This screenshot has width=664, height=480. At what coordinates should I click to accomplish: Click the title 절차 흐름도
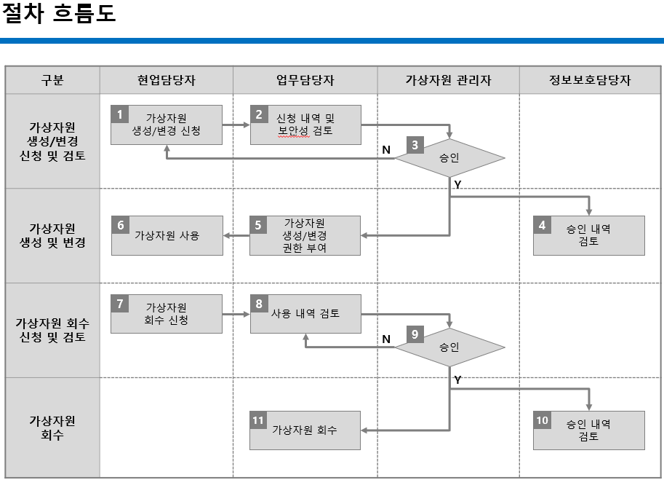(59, 14)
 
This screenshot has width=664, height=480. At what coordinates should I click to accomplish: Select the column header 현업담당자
(166, 81)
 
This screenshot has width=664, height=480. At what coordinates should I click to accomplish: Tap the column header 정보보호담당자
(590, 81)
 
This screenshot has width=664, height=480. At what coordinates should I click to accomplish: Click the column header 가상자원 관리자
(448, 81)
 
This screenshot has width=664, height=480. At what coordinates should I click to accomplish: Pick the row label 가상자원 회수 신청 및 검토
(52, 330)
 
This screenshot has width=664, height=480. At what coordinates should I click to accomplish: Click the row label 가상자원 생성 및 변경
(52, 235)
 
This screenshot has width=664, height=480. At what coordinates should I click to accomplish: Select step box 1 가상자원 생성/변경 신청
(167, 125)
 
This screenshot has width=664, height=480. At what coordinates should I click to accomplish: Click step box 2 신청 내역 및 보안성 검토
(305, 125)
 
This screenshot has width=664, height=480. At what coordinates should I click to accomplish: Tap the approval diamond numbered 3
(449, 158)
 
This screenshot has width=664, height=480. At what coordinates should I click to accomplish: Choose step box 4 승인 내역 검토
(588, 235)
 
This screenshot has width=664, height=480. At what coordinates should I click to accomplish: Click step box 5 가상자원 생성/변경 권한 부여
(305, 235)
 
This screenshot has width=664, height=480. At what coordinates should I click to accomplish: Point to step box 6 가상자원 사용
(167, 235)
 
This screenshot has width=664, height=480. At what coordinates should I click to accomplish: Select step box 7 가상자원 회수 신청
(167, 314)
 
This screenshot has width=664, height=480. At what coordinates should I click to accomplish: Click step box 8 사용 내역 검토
(305, 314)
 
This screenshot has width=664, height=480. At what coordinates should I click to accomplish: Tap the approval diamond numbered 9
(449, 347)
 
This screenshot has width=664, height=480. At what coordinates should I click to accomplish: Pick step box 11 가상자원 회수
(305, 430)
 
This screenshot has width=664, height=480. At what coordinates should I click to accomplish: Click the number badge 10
(542, 420)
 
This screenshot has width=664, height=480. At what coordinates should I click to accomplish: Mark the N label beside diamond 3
(386, 149)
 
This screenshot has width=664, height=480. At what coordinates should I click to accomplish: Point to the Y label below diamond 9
(457, 379)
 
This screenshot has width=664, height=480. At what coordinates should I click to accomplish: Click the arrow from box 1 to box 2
(236, 125)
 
